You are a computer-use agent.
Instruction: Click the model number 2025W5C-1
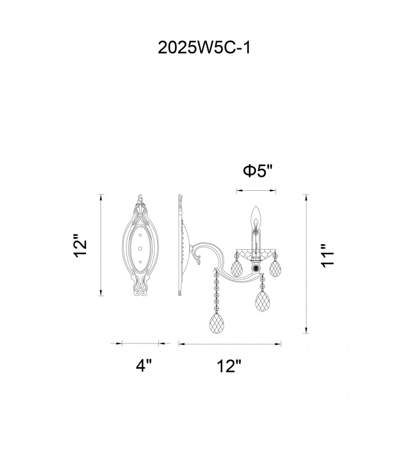[x=204, y=48]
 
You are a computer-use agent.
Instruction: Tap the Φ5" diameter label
[x=257, y=171]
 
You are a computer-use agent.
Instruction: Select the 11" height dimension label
[x=327, y=256]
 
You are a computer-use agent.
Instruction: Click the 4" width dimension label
[x=143, y=365]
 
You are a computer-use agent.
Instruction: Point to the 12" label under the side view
[x=229, y=366]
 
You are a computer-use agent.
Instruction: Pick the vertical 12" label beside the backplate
[x=80, y=246]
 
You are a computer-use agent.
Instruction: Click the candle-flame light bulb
[x=255, y=218]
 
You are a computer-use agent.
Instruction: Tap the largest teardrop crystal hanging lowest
[x=217, y=323]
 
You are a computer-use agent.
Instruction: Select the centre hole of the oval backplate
[x=140, y=248]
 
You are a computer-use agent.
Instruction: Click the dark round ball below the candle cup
[x=254, y=268]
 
